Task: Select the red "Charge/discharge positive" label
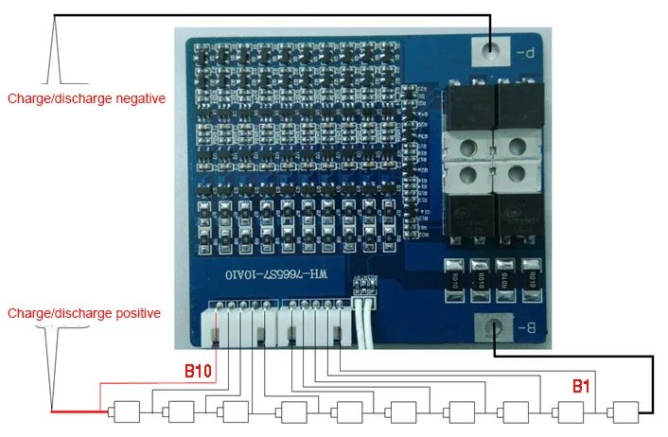(84, 313)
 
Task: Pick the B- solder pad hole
(493, 329)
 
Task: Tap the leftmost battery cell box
(125, 412)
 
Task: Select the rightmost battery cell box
(625, 412)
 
